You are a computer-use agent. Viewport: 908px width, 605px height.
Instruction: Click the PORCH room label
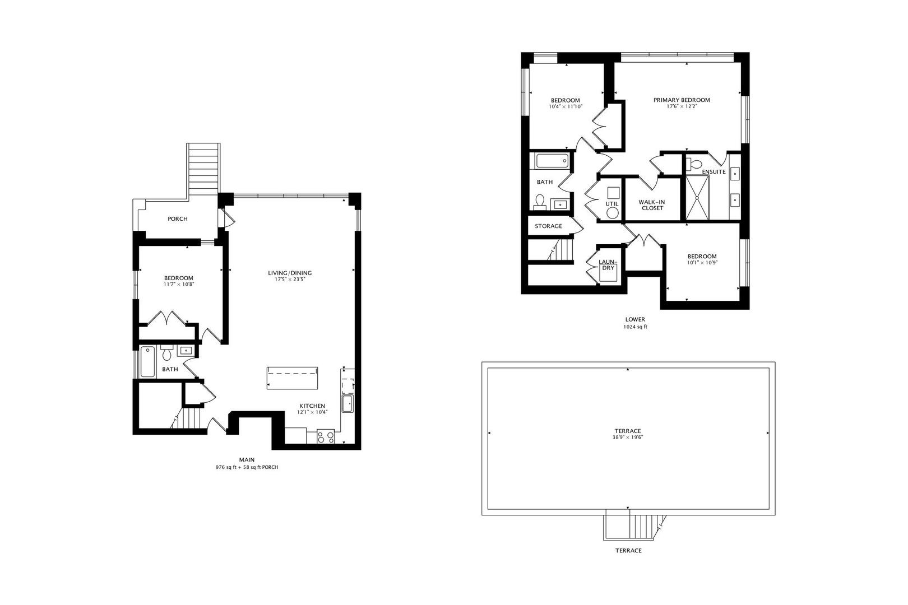pyautogui.click(x=178, y=219)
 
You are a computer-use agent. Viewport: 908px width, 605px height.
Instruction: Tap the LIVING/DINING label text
pyautogui.click(x=290, y=273)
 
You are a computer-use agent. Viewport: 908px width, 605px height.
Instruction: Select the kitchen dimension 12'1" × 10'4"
pyautogui.click(x=312, y=412)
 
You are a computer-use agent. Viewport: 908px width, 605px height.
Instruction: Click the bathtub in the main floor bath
pyautogui.click(x=148, y=362)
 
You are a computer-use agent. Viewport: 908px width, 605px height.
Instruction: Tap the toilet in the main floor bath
pyautogui.click(x=167, y=354)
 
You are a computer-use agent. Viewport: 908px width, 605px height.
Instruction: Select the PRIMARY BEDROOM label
pyautogui.click(x=682, y=100)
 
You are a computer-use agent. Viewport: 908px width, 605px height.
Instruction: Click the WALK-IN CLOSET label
pyautogui.click(x=652, y=205)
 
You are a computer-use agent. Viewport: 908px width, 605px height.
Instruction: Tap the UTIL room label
pyautogui.click(x=611, y=204)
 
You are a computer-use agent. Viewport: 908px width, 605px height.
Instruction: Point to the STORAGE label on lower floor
pyautogui.click(x=548, y=226)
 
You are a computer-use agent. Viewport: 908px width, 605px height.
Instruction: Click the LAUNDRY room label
pyautogui.click(x=608, y=265)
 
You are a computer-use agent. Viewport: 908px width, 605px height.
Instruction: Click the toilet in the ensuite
pyautogui.click(x=694, y=164)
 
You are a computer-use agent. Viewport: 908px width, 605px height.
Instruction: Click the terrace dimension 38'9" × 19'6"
pyautogui.click(x=628, y=438)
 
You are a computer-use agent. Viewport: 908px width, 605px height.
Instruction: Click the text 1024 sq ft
pyautogui.click(x=635, y=327)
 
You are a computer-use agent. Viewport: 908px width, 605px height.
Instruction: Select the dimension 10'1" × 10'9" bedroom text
pyautogui.click(x=702, y=262)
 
